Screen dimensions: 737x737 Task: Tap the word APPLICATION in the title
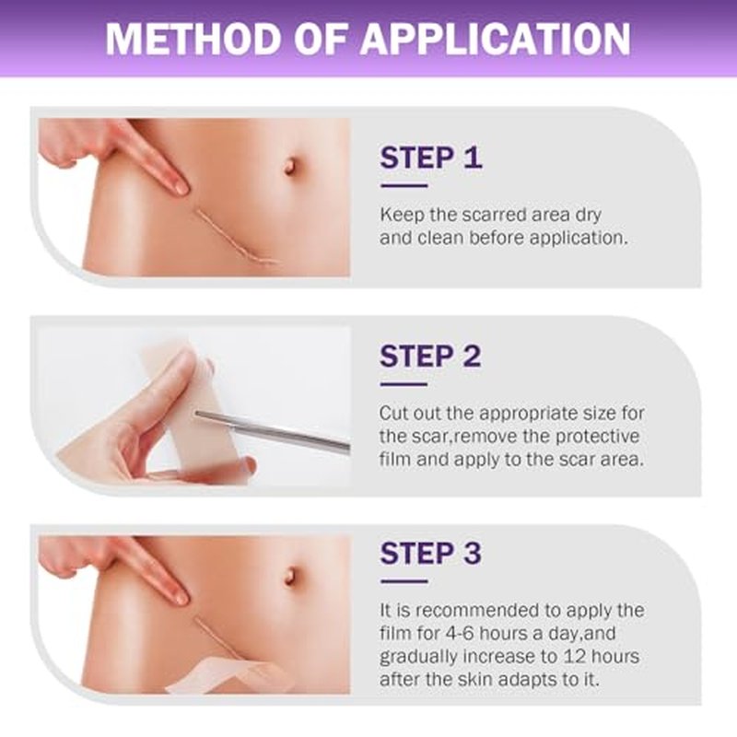(496, 38)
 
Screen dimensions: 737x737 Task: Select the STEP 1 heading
(431, 158)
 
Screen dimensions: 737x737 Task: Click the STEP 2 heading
(430, 357)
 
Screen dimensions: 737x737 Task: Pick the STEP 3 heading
(430, 554)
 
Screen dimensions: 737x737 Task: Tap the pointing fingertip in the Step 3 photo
(180, 597)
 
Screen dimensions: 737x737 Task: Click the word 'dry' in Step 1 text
(588, 216)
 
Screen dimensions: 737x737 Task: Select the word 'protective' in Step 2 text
(597, 437)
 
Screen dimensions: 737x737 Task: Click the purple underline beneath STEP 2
(404, 384)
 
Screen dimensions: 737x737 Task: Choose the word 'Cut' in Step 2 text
(394, 414)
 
